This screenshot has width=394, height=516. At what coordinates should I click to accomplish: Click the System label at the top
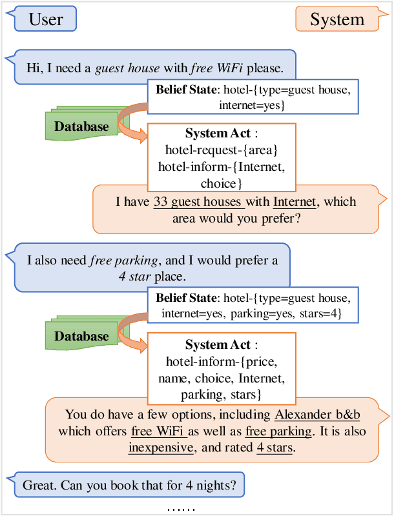pos(337,19)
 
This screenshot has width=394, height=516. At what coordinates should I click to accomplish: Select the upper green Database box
pos(81,126)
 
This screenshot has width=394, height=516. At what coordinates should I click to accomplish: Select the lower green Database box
pos(81,336)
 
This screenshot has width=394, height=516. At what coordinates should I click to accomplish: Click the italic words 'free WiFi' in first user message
pos(216,67)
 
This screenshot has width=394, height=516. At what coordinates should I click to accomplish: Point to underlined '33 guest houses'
pos(198,202)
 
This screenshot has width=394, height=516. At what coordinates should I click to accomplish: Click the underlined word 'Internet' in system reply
pos(295,202)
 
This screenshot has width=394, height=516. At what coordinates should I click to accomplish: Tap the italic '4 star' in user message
pos(130,277)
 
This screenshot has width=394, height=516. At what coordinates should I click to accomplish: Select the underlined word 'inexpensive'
pos(161,447)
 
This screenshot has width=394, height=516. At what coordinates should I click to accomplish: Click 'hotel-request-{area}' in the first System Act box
pos(222,150)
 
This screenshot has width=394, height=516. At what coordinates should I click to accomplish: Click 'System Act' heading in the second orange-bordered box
pos(217,345)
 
